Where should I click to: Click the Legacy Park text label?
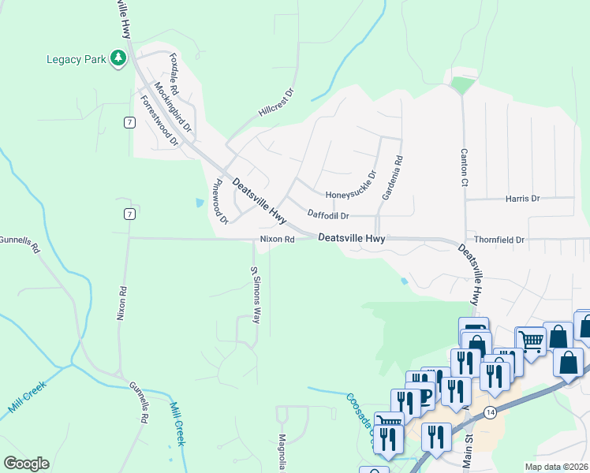[76, 59]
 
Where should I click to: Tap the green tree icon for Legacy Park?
[118, 58]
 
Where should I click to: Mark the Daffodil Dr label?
[340, 214]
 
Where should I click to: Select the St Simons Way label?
[255, 295]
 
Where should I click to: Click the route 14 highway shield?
[490, 412]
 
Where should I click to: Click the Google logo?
[26, 464]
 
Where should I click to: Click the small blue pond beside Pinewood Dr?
[197, 203]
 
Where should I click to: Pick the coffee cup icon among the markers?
[427, 395]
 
